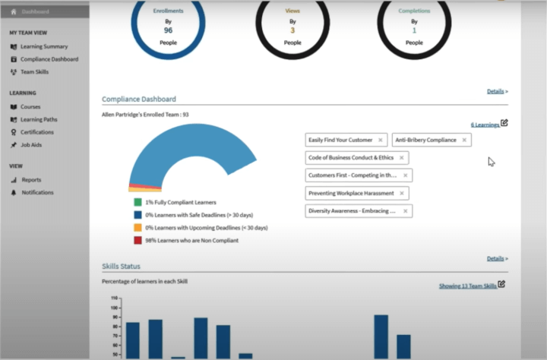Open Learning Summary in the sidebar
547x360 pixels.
(x=43, y=46)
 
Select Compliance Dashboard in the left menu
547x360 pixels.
(x=49, y=58)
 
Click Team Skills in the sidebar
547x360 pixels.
(x=35, y=71)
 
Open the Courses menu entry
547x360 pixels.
(x=30, y=106)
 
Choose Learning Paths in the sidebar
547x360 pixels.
(x=39, y=119)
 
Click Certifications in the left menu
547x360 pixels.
(x=37, y=131)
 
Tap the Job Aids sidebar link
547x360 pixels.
(x=31, y=144)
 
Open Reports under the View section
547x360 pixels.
(x=31, y=180)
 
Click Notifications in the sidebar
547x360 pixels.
(x=37, y=192)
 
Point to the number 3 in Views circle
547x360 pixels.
(x=292, y=30)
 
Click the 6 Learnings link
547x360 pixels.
(x=485, y=124)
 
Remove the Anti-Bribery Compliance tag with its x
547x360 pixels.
(x=465, y=140)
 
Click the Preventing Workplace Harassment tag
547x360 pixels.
(x=350, y=193)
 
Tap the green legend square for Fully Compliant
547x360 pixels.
(x=138, y=203)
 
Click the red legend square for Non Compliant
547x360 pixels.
(x=138, y=240)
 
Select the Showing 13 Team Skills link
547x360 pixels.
(x=467, y=286)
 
